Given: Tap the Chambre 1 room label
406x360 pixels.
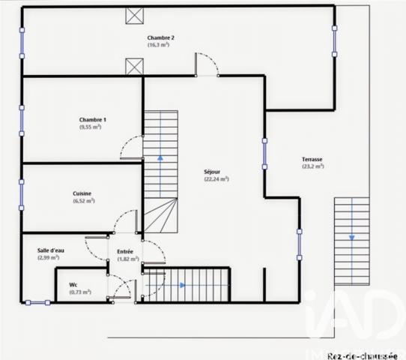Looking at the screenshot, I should click(92, 120).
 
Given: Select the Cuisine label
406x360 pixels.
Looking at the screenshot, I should click(82, 193).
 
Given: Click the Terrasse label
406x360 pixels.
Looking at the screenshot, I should click(312, 159).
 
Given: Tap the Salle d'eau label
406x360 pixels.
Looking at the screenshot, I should click(50, 250).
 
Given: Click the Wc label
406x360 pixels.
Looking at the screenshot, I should click(73, 284).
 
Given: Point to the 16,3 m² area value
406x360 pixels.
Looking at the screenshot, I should click(158, 45).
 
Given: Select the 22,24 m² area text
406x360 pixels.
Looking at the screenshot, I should click(216, 179).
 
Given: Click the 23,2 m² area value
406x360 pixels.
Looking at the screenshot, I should click(312, 166).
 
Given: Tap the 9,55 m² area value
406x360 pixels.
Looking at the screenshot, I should click(91, 127).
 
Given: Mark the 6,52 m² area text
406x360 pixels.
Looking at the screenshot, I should click(83, 200).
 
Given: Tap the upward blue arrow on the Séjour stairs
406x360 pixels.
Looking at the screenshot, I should click(160, 158).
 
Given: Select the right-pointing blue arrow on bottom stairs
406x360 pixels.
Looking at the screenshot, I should click(183, 285).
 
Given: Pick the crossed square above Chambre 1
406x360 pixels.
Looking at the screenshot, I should click(135, 67).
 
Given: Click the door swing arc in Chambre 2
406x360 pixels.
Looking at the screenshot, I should click(207, 64).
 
